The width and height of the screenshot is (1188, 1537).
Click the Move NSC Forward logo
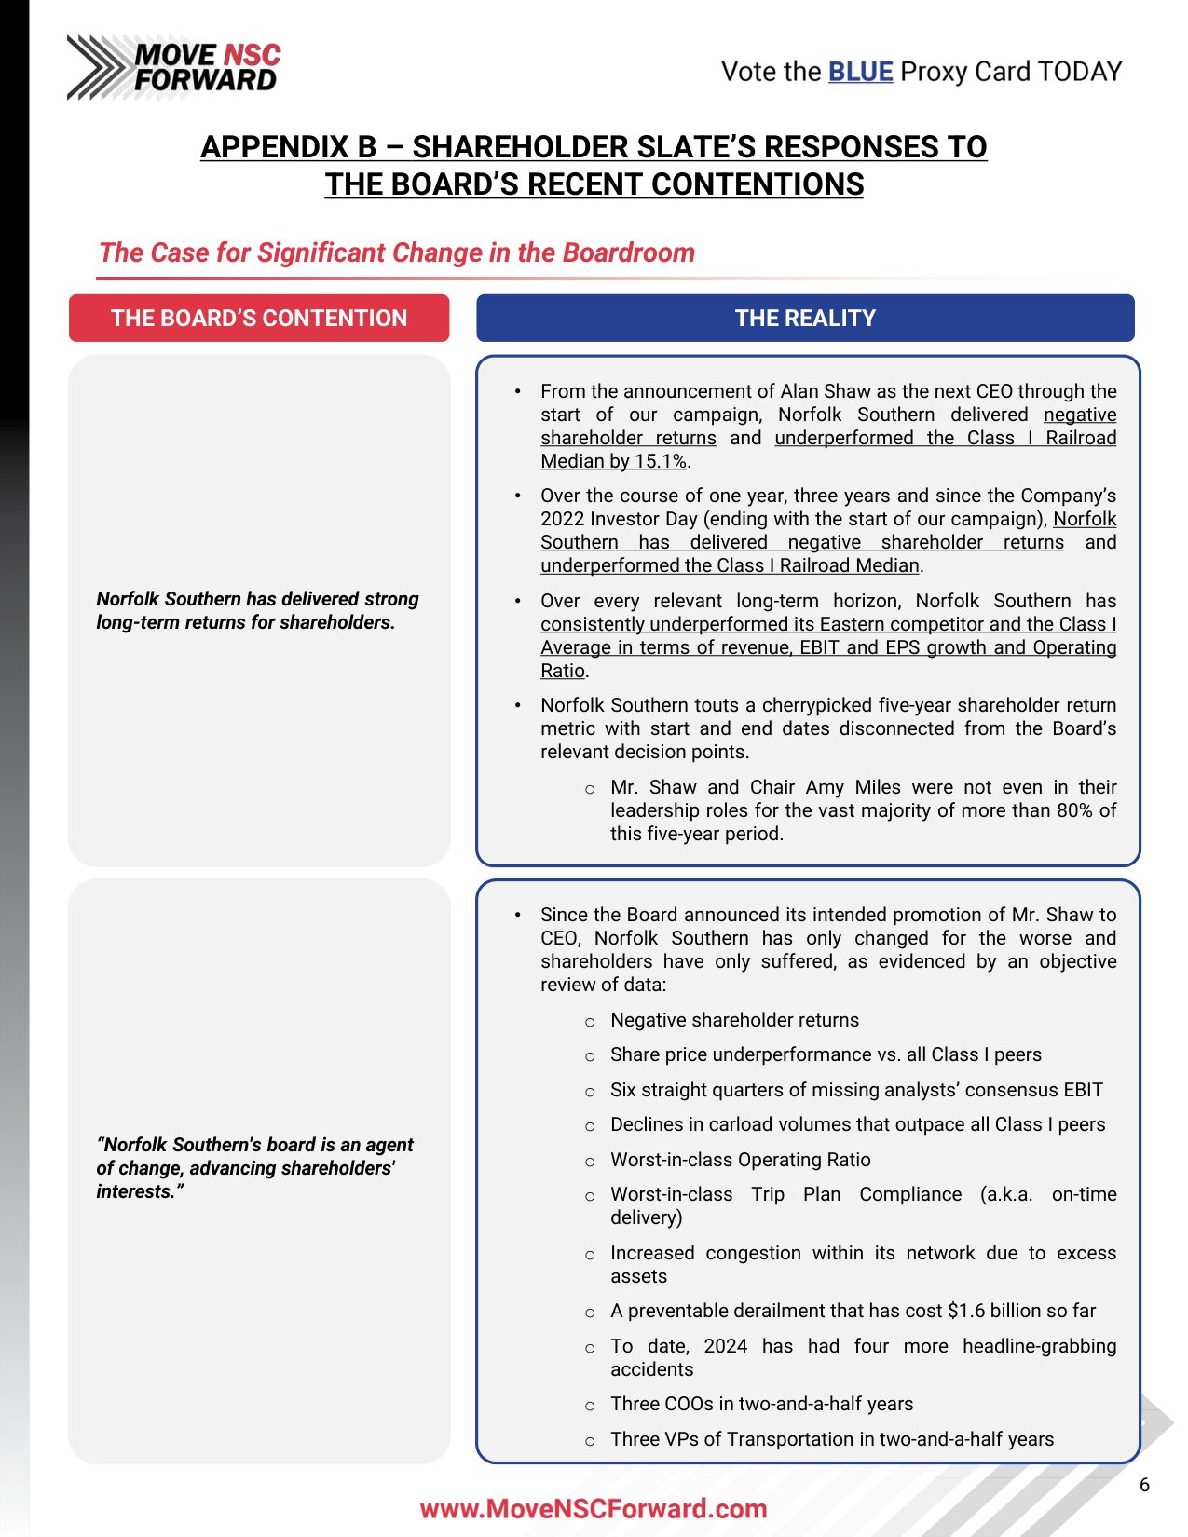(x=173, y=67)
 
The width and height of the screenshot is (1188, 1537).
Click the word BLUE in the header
(x=860, y=72)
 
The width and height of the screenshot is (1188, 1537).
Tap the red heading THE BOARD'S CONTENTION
(x=259, y=319)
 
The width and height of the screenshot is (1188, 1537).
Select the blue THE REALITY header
(x=805, y=319)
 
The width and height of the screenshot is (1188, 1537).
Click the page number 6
(x=1144, y=1485)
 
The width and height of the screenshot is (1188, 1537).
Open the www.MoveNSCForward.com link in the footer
(x=594, y=1508)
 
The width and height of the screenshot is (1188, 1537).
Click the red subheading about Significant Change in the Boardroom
(x=397, y=252)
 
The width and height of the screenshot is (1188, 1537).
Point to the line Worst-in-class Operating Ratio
(x=740, y=1160)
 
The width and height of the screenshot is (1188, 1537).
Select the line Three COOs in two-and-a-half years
(x=761, y=1404)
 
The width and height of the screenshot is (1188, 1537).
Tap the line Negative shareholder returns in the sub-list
(x=734, y=1020)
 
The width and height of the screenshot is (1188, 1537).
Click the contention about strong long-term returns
(x=257, y=610)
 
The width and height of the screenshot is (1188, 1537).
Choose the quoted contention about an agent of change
(x=254, y=1167)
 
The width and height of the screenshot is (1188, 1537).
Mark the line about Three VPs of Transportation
(x=831, y=1439)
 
